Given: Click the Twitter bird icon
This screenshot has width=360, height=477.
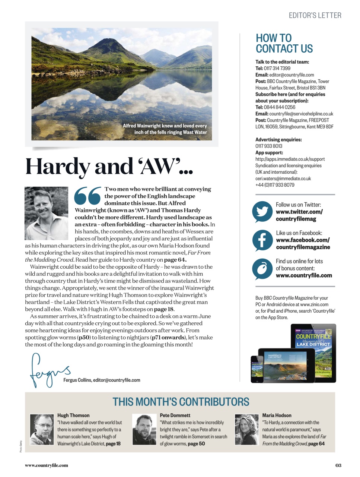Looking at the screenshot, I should (262, 212).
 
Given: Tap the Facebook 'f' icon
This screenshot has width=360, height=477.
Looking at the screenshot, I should (262, 240).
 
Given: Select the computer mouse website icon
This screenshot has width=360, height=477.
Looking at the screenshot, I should (262, 268).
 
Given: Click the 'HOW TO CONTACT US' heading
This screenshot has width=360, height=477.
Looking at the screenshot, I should (284, 43).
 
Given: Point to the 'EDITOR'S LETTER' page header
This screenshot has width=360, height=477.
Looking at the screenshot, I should (315, 15).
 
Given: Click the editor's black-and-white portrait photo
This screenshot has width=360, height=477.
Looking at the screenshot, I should (47, 213).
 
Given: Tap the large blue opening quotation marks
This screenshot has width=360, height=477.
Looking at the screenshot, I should (88, 196).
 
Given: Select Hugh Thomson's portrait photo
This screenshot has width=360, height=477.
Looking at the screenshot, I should (42, 429).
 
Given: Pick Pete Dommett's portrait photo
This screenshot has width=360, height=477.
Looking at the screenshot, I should (144, 429).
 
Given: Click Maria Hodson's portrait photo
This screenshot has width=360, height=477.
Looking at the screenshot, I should (246, 429).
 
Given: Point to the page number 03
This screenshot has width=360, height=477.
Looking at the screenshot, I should (338, 465).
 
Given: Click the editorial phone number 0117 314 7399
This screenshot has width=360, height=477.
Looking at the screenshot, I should (277, 68).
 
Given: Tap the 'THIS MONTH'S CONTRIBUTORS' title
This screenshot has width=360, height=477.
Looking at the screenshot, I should (181, 402).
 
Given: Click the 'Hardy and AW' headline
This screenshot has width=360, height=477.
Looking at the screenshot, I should (109, 166).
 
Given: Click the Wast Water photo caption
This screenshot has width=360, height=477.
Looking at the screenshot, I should (165, 129).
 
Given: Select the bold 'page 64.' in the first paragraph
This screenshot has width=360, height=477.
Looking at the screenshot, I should (175, 260).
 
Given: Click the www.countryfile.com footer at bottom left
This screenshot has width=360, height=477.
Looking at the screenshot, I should (47, 465).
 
